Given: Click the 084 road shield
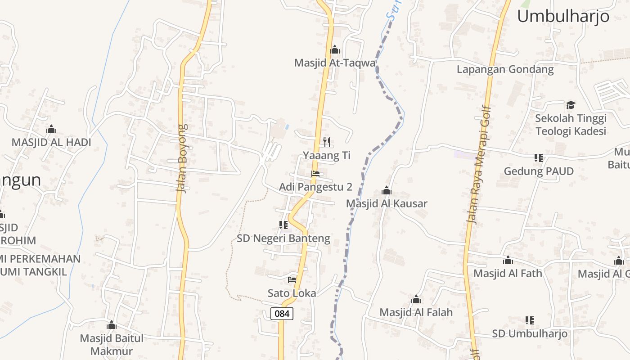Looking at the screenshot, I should point(282,313).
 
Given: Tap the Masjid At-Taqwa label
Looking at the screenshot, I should point(334,63).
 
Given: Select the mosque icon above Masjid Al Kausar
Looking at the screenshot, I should point(386,191).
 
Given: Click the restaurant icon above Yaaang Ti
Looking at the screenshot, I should point(327,142).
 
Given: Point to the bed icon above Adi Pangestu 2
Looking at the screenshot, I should point(315,174).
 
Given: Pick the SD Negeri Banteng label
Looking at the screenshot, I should point(283,238).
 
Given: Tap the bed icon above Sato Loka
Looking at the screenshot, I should point(292,280).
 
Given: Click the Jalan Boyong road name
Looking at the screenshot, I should point(182,158).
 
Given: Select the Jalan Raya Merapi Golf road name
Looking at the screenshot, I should point(478,164).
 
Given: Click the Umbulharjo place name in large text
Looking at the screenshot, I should point(563,17).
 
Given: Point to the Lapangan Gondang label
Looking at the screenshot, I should point(505,70).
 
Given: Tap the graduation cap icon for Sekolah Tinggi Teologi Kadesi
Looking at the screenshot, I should point(571,105).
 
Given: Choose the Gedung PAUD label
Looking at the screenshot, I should point(539,171).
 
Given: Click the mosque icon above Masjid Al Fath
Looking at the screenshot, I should point(508,260).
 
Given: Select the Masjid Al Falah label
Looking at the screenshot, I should point(416,312).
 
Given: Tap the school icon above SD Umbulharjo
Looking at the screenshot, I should point(530,320).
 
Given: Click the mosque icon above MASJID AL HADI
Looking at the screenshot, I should point(51,130).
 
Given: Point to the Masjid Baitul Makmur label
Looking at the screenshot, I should point(112,345).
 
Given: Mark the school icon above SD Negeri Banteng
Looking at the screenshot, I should point(283,225).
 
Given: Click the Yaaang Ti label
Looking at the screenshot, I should point(327,156).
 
